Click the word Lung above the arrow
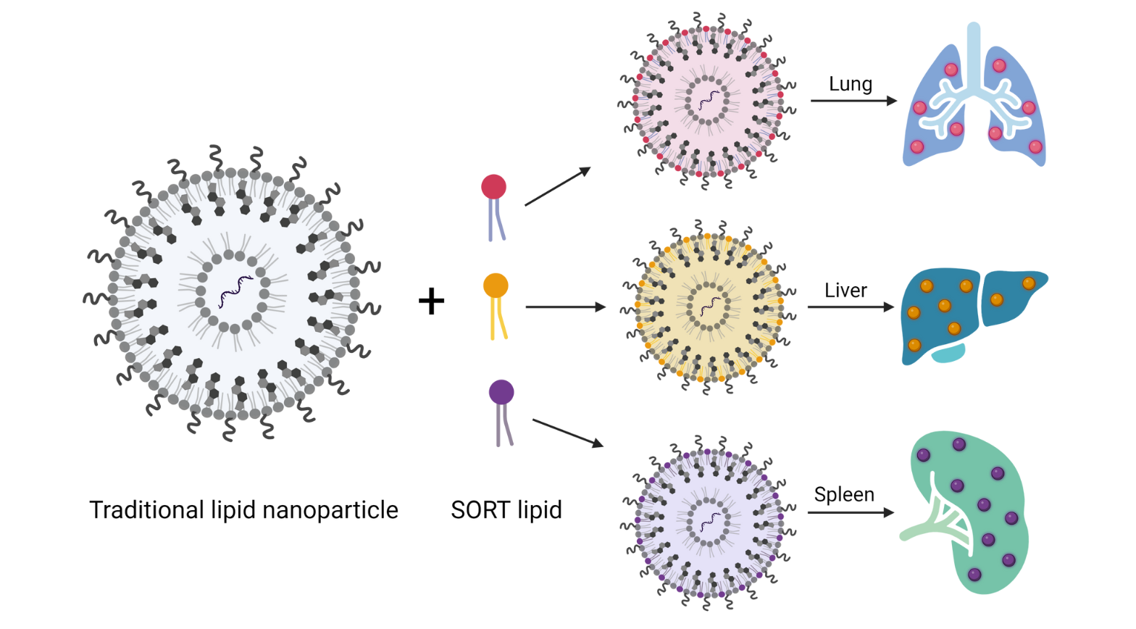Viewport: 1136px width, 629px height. [x=850, y=84]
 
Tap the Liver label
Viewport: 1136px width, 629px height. [x=845, y=291]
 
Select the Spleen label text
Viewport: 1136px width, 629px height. [x=844, y=495]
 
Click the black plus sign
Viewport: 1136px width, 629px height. [x=431, y=301]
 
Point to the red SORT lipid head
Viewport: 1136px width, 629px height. [x=494, y=187]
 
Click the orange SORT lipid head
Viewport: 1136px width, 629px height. [x=496, y=286]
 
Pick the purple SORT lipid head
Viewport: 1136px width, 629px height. [x=501, y=392]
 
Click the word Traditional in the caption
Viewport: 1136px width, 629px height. [x=146, y=510]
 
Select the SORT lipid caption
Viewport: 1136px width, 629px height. [x=506, y=510]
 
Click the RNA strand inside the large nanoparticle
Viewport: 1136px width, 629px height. [x=235, y=291]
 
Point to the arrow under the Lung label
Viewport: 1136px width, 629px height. [x=853, y=101]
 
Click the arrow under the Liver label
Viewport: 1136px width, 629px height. [x=851, y=307]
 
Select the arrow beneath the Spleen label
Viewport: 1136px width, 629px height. [x=851, y=513]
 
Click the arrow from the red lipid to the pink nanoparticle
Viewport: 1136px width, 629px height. [x=557, y=187]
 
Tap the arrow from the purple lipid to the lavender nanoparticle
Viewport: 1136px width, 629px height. [x=567, y=433]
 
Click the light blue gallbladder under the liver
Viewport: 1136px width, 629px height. [x=948, y=353]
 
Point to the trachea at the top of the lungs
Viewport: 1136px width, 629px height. [x=974, y=51]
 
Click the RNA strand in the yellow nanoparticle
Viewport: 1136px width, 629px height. [x=709, y=306]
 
